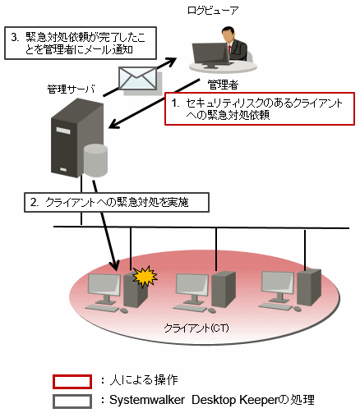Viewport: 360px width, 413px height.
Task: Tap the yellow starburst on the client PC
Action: tap(145, 277)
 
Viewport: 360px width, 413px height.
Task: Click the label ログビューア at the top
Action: tap(213, 11)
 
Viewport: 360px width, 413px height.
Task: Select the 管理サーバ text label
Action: tap(71, 89)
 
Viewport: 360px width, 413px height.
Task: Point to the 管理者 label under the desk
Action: tap(223, 85)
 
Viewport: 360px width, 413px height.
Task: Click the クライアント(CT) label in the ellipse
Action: tap(196, 328)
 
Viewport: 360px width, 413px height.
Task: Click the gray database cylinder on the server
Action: tap(95, 161)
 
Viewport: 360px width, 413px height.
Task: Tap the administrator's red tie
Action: tap(229, 51)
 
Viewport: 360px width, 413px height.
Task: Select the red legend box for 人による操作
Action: tap(72, 382)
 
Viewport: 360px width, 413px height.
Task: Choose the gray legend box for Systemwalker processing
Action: tap(72, 402)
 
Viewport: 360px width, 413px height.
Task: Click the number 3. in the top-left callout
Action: tap(15, 37)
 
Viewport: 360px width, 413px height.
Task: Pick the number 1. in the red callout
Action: tap(176, 103)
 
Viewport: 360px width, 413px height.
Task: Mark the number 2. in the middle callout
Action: tap(35, 203)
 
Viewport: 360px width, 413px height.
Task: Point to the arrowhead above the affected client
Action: tap(115, 265)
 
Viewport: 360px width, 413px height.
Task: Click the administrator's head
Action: tap(228, 34)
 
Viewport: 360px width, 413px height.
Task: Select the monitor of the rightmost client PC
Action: tap(278, 282)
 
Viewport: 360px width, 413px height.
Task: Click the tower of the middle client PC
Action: tap(224, 289)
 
